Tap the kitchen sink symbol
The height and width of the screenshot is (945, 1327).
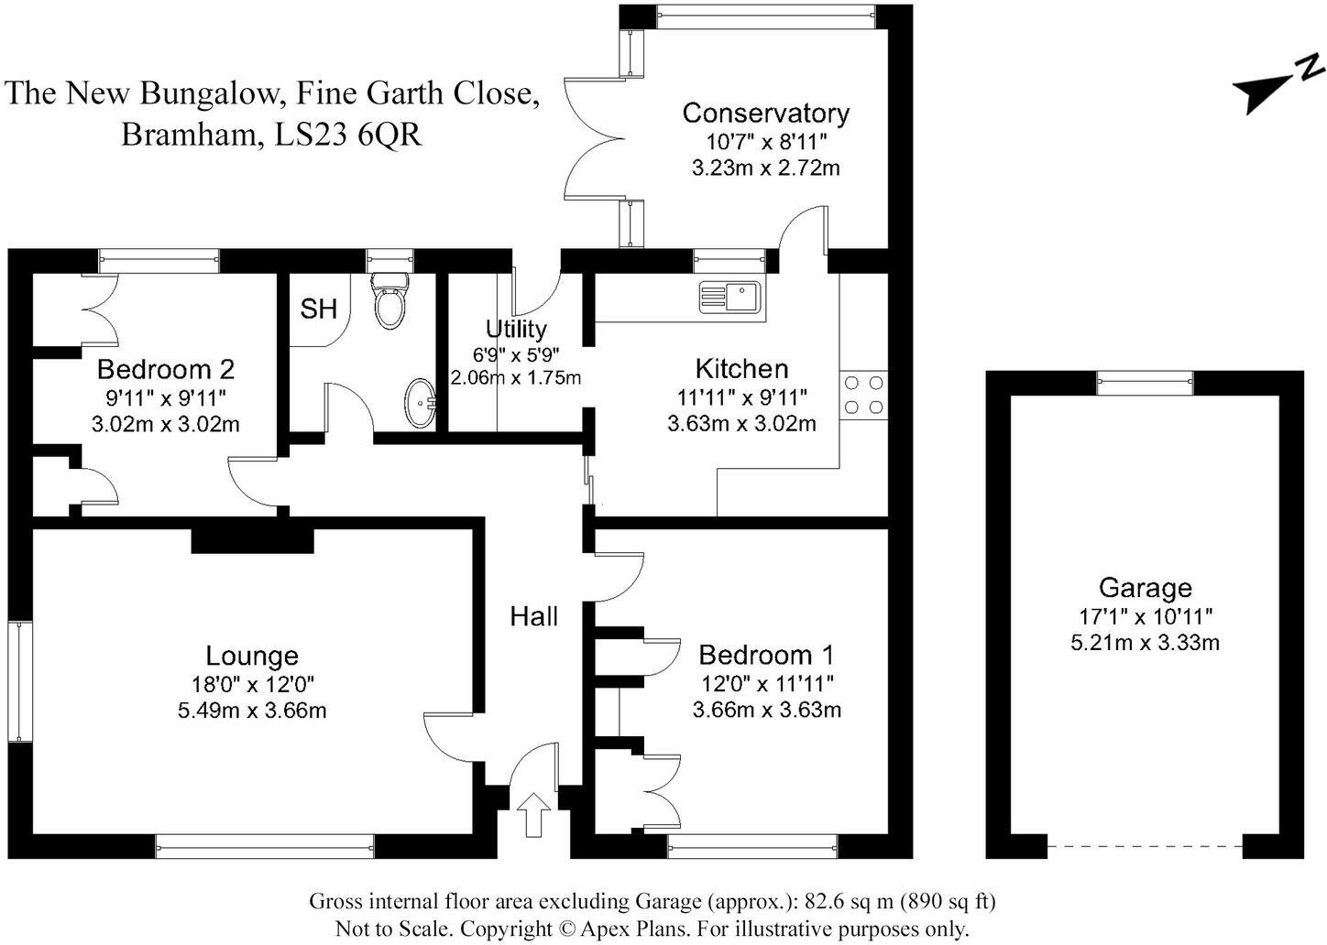tap(729, 297)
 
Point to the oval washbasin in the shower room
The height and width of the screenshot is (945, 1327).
tap(422, 403)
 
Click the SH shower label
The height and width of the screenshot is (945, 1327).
tap(318, 310)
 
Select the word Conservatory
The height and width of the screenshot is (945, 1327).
tap(765, 114)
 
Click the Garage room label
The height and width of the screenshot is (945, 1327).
tap(1145, 587)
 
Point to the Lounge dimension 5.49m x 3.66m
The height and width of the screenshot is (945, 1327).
tap(252, 710)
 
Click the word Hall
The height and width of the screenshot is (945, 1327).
tap(533, 616)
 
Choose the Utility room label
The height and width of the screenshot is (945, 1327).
tap(516, 329)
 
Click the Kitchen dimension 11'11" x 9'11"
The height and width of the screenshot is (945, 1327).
tap(741, 397)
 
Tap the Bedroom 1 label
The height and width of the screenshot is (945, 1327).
tap(765, 655)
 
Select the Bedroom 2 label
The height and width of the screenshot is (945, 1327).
tap(166, 369)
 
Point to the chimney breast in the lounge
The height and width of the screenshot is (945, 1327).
tap(252, 539)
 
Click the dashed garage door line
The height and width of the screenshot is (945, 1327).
tap(1145, 846)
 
